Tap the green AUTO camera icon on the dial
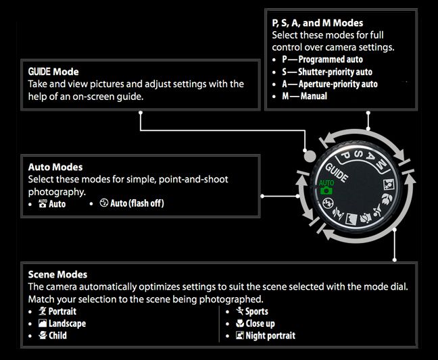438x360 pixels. (x=326, y=187)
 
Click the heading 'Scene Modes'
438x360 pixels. (x=58, y=275)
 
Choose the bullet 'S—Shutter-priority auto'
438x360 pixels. (x=327, y=72)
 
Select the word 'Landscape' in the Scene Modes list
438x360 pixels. (x=67, y=324)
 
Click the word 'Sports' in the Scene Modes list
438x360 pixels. (x=256, y=311)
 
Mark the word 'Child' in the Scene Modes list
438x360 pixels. (x=57, y=336)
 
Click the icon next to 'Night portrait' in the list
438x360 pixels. (x=240, y=336)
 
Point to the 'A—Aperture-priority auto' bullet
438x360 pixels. (x=329, y=84)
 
